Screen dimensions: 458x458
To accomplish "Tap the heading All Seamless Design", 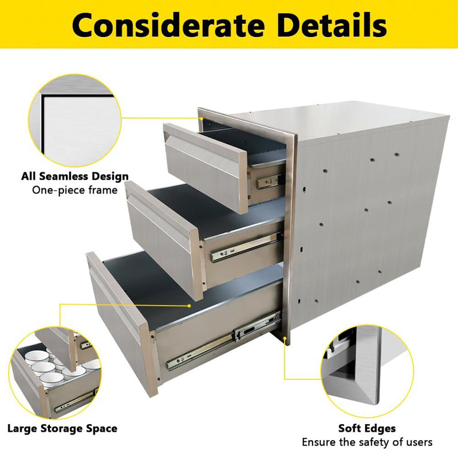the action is tap(75, 176).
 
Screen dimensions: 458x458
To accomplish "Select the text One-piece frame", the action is tap(75, 190).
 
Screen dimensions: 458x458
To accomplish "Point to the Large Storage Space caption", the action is tap(62, 428).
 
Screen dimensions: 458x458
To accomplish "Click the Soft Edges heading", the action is tap(367, 428).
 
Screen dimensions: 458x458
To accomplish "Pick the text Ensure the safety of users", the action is tap(367, 442).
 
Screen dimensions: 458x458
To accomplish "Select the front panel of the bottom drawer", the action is tap(123, 321).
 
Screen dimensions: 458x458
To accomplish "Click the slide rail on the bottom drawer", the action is tap(223, 341).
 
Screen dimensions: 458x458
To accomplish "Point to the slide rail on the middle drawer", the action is tap(246, 247).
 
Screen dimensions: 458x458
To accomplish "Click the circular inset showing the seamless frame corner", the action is tap(75, 120).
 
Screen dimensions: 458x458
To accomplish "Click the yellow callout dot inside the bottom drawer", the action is tap(189, 306).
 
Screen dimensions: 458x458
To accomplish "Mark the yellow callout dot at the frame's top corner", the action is tap(202, 119).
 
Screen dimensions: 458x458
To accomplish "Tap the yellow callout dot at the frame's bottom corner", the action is tap(285, 338).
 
